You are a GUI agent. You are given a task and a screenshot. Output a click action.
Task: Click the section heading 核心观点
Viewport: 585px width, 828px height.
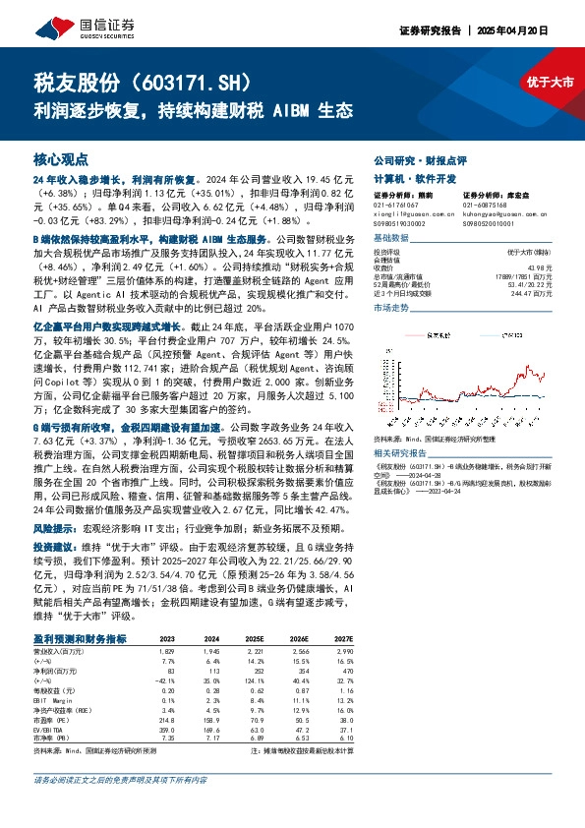60,158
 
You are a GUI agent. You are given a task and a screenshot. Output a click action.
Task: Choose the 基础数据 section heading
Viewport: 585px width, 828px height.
392,239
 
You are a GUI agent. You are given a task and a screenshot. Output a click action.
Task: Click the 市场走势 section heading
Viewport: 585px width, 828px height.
392,308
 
